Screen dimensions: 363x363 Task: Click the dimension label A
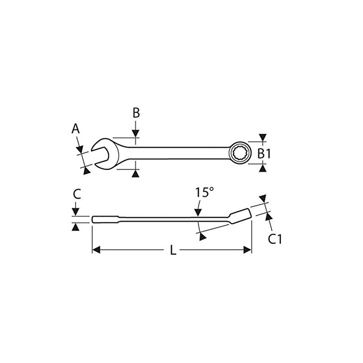pyautogui.click(x=76, y=129)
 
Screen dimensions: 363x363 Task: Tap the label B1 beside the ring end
pyautogui.click(x=264, y=153)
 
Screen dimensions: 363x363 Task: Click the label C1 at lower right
pyautogui.click(x=275, y=239)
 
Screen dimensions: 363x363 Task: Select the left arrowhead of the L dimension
pyautogui.click(x=96, y=250)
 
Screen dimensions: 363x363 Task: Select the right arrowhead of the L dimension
pyautogui.click(x=247, y=250)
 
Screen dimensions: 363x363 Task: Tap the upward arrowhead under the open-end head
pyautogui.click(x=135, y=173)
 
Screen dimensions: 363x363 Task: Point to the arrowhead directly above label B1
pyautogui.click(x=263, y=137)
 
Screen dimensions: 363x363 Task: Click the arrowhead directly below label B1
pyautogui.click(x=263, y=168)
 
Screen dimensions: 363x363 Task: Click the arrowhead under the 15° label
pyautogui.click(x=197, y=211)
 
